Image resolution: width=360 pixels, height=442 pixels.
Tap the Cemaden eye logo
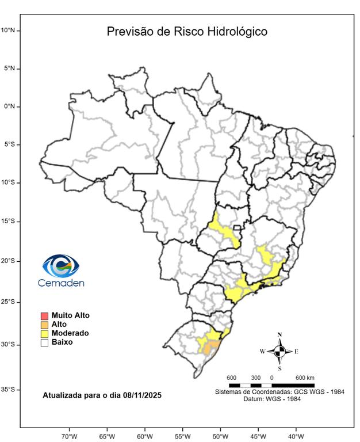click(60, 265)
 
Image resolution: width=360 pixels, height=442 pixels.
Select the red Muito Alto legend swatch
click(44, 315)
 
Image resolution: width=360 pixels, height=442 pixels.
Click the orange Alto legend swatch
click(44, 325)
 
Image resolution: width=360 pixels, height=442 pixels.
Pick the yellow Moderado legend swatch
click(44, 333)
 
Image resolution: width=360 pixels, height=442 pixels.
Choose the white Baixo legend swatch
click(44, 342)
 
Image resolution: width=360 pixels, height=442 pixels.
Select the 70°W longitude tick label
click(70, 436)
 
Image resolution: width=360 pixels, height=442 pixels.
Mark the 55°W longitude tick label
click(182, 436)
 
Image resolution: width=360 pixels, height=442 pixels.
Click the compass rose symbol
click(279, 351)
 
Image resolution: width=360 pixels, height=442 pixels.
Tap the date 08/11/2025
click(138, 395)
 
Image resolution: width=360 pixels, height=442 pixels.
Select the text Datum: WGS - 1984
click(279, 399)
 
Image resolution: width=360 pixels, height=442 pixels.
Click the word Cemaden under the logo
click(61, 283)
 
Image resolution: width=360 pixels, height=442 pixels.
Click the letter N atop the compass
click(279, 334)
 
